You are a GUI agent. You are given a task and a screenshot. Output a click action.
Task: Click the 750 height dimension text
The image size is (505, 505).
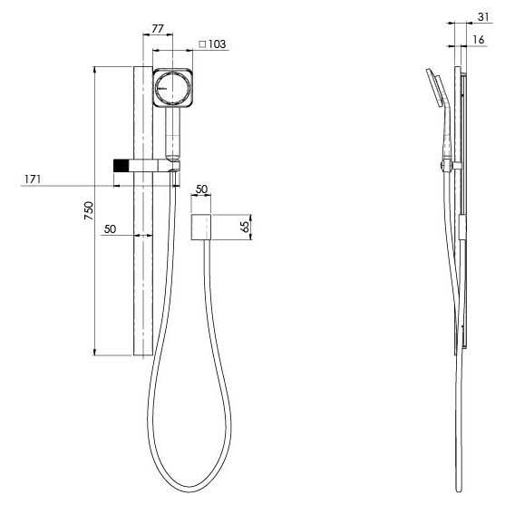pyautogui.click(x=88, y=210)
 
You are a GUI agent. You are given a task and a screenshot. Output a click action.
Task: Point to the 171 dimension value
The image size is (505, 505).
pyautogui.click(x=34, y=180)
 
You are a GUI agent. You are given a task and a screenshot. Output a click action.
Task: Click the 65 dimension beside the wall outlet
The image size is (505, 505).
pyautogui.click(x=244, y=227)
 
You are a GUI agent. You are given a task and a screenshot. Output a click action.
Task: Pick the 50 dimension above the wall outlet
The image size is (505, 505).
pyautogui.click(x=201, y=188)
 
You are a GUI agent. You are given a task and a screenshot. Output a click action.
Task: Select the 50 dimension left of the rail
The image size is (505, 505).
pyautogui.click(x=111, y=229)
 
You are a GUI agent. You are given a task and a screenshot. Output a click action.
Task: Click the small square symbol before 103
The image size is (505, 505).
pyautogui.click(x=202, y=44)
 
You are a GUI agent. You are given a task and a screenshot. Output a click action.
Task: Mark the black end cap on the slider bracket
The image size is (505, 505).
pyautogui.click(x=118, y=165)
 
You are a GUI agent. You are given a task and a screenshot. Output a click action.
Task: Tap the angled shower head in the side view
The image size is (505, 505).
pyautogui.click(x=433, y=89)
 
